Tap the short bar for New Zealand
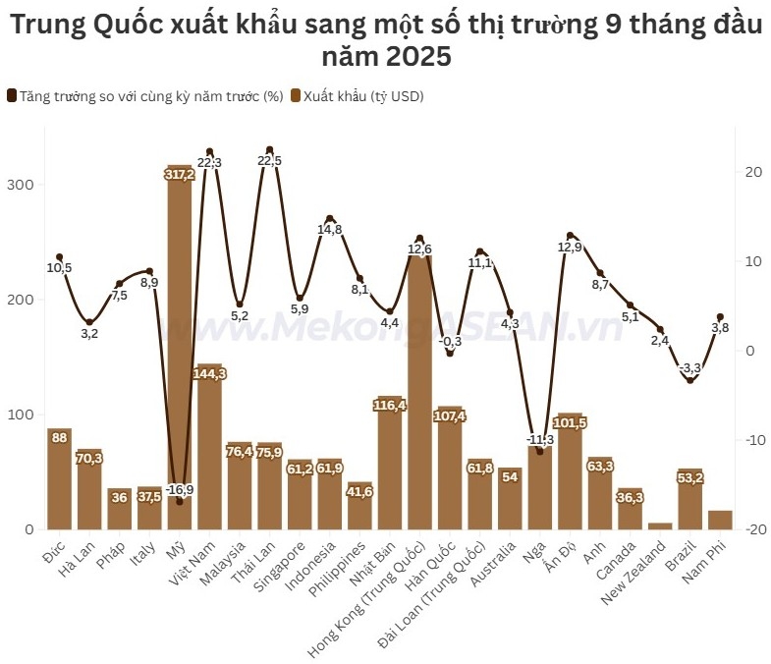(x=660, y=526)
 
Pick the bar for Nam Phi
(x=720, y=520)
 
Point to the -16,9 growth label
(x=179, y=489)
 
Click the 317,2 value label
(x=180, y=174)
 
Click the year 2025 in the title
(x=418, y=58)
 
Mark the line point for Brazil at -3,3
(x=690, y=380)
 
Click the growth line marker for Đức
(x=59, y=257)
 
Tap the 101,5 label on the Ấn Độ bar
(x=571, y=423)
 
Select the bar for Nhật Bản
(x=390, y=467)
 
